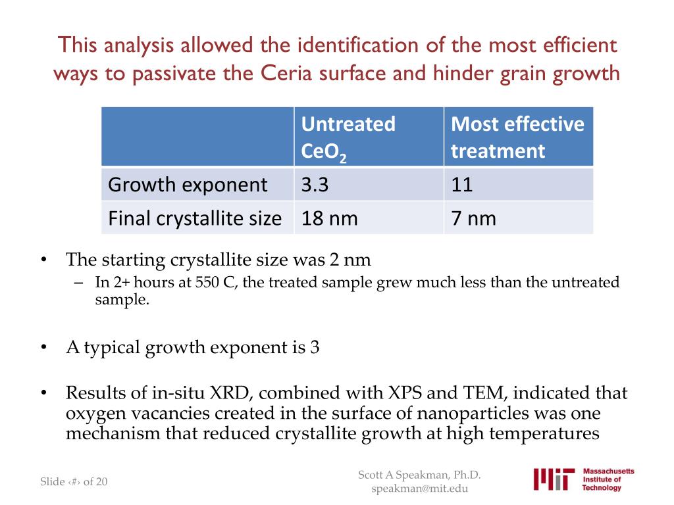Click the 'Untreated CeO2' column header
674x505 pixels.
tap(348, 137)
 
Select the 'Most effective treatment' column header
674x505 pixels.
tap(517, 137)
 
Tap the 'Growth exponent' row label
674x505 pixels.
tap(188, 185)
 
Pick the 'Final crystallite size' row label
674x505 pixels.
tap(195, 218)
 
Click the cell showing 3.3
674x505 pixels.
tap(315, 185)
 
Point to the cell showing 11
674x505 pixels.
tap(462, 185)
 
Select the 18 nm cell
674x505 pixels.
tap(329, 218)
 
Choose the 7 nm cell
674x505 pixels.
tap(473, 218)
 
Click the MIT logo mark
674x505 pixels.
tap(552, 479)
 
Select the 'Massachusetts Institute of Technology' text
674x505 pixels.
tap(608, 479)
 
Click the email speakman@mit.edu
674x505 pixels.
tap(420, 489)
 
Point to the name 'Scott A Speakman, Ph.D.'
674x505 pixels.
tap(420, 475)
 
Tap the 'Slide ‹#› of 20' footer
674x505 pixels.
tap(74, 482)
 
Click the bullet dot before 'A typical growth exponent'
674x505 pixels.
tap(44, 347)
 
